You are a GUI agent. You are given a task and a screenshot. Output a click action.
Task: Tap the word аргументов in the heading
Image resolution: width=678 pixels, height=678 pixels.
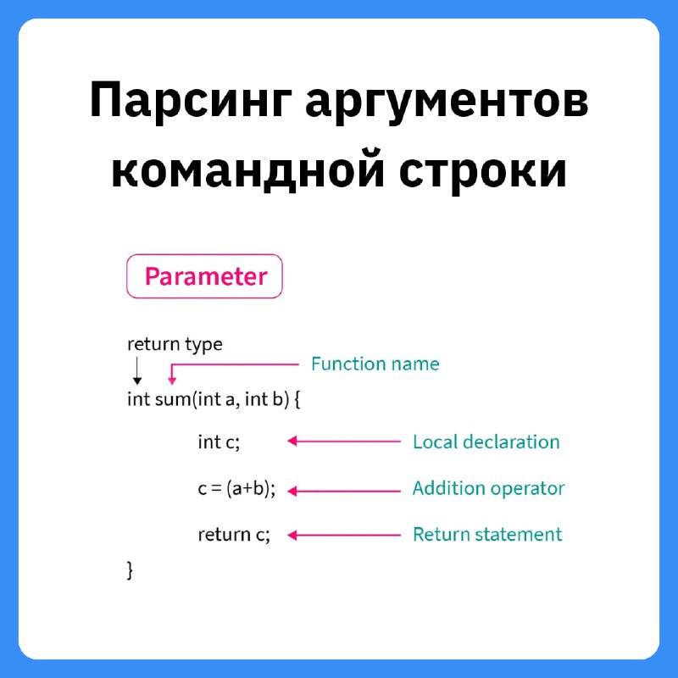pos(447,103)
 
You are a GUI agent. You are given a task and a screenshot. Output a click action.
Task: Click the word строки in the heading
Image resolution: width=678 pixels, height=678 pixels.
pos(482,172)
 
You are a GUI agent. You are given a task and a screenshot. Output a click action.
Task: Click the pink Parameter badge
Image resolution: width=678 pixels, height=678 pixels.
pos(204,276)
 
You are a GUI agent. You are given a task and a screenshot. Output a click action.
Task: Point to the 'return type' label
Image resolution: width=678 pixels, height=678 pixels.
pos(175,344)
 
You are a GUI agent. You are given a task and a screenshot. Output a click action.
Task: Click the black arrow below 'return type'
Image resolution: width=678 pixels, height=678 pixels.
pos(137,370)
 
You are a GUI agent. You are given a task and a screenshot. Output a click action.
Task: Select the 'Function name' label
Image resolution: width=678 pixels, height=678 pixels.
pos(375,364)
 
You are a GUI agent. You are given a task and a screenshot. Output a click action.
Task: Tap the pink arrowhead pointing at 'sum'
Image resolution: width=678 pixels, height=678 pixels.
pos(172,381)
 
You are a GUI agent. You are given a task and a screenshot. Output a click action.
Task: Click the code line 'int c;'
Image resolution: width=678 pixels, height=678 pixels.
pos(219,442)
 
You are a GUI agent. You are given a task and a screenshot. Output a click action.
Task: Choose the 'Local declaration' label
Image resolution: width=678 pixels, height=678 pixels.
pos(486,442)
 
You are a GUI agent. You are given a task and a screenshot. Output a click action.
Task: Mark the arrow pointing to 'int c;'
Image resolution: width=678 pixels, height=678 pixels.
pos(344,441)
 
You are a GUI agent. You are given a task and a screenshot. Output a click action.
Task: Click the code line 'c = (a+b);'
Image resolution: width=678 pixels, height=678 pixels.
pos(237,489)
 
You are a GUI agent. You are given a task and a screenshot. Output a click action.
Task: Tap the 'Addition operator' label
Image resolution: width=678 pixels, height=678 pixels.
pos(489,488)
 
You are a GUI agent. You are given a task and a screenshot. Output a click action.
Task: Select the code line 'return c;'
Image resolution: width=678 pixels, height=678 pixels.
pos(234,535)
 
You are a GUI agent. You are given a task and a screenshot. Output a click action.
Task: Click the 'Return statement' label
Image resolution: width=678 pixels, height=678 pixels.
pos(487,535)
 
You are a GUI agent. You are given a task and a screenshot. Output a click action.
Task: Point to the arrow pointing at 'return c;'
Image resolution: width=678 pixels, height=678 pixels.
pos(344,536)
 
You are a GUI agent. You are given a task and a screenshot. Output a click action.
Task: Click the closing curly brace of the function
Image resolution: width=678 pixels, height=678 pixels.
pos(130,570)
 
